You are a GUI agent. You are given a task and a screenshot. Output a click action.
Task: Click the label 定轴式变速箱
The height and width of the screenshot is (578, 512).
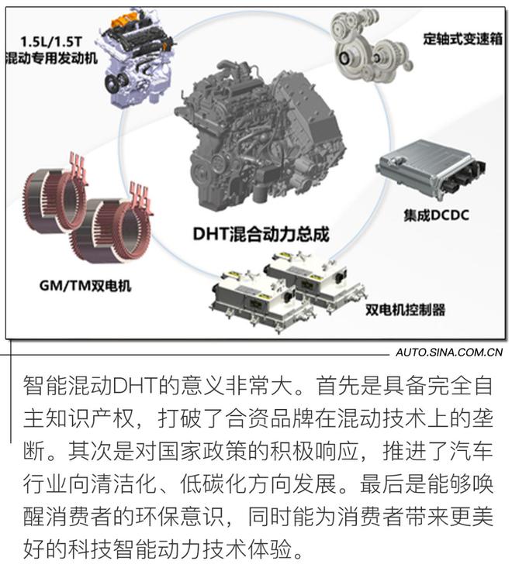(x=462, y=39)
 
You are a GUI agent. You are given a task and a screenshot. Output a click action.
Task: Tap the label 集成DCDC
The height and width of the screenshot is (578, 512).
(x=436, y=215)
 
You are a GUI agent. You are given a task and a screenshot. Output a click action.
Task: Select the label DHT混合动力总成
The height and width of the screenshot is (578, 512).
(x=261, y=234)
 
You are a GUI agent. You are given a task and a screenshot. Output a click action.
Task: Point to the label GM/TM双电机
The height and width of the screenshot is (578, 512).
(x=85, y=286)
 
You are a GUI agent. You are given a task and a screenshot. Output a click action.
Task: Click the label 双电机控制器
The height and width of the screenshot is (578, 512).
(x=405, y=310)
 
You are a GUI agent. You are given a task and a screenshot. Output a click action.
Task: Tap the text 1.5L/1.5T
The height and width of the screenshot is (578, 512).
(x=50, y=42)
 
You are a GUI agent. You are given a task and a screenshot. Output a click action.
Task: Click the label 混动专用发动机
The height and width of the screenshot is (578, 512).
(x=51, y=58)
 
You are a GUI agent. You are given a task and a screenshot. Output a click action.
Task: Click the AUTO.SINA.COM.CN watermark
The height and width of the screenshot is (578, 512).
(x=449, y=353)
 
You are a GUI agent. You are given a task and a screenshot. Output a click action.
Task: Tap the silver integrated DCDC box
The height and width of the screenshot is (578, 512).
(x=430, y=170)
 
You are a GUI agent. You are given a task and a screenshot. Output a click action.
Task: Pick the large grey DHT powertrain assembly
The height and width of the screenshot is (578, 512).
(x=260, y=140)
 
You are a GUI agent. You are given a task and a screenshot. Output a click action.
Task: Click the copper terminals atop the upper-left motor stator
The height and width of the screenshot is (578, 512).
(x=78, y=167)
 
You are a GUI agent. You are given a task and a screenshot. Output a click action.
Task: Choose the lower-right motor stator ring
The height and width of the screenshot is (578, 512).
(x=111, y=230)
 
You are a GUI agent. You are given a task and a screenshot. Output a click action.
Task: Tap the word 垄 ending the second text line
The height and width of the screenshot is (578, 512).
(x=483, y=418)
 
